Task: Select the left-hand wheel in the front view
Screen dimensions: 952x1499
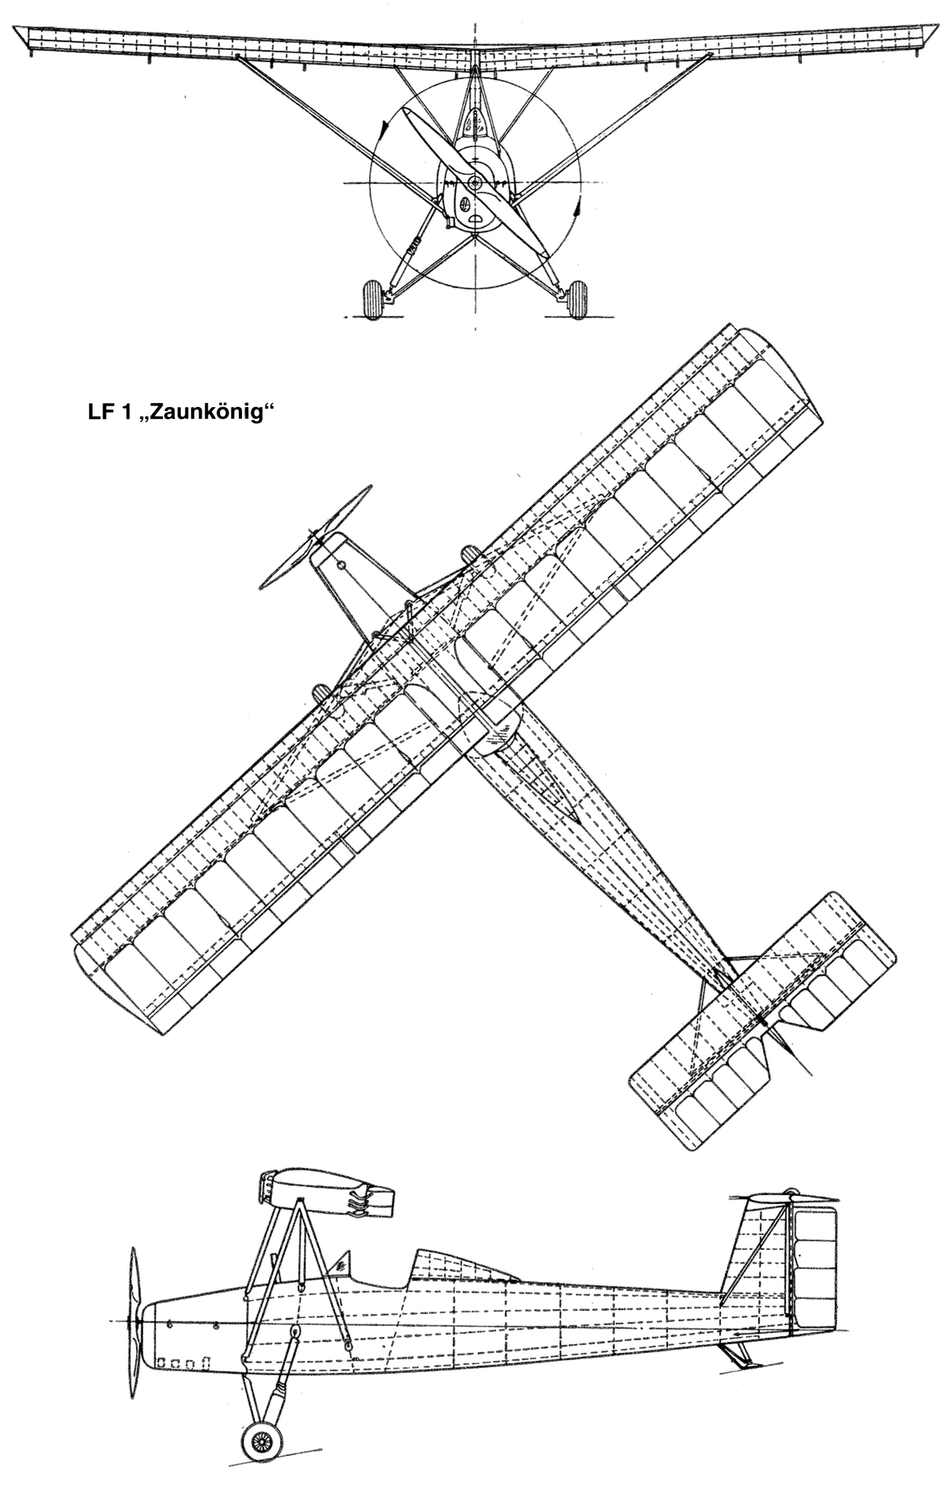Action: click(x=372, y=298)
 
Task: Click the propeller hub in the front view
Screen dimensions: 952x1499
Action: click(x=475, y=183)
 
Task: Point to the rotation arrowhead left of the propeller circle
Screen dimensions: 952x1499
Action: click(x=384, y=127)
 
